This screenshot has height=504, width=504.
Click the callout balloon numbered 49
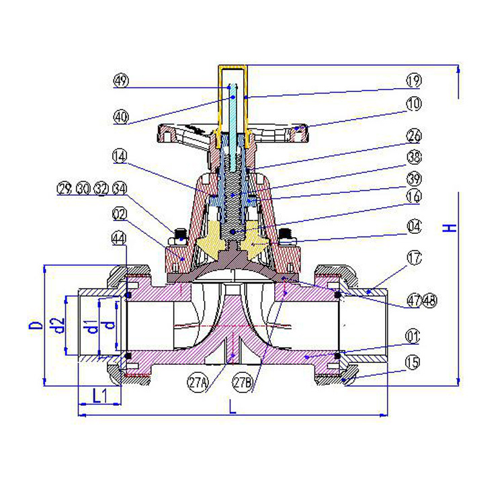click(x=121, y=81)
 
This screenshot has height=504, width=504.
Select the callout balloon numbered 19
click(x=414, y=81)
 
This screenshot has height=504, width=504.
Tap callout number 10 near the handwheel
click(x=414, y=103)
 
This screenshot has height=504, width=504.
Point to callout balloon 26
click(x=414, y=136)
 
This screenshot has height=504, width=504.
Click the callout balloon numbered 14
click(x=120, y=157)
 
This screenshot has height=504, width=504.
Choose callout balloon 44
click(x=118, y=239)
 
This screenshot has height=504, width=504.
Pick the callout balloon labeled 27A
click(x=198, y=383)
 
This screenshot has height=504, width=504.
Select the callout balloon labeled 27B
click(x=243, y=383)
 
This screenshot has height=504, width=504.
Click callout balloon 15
click(x=413, y=363)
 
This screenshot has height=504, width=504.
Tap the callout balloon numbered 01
click(x=413, y=337)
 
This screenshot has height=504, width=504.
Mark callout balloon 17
click(x=414, y=258)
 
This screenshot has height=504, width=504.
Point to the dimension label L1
click(x=100, y=395)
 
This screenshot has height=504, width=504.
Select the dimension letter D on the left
click(x=36, y=325)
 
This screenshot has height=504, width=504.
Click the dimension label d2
click(x=58, y=325)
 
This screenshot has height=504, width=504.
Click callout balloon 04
click(x=414, y=226)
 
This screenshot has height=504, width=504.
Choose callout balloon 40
click(x=121, y=117)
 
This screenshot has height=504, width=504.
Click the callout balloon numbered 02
click(x=120, y=214)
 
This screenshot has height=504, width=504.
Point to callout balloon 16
click(x=414, y=196)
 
